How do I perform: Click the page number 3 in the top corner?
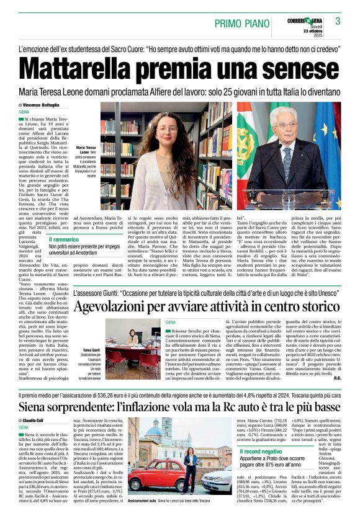coord(338,21)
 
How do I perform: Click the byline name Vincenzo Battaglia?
coord(47,105)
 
